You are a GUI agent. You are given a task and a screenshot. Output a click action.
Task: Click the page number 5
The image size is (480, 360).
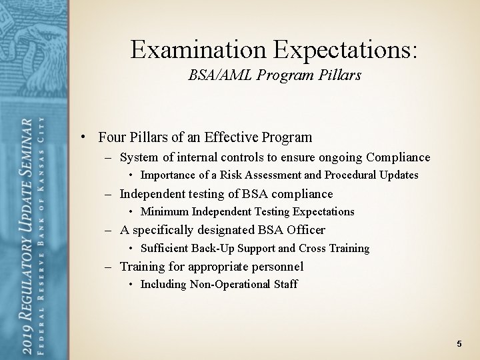tap(459, 343)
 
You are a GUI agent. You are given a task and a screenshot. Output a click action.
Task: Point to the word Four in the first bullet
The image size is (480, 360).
tap(111, 138)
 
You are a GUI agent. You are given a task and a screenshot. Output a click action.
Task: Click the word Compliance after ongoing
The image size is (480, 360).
tap(398, 158)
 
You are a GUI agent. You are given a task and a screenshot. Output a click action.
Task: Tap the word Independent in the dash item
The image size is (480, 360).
tap(153, 194)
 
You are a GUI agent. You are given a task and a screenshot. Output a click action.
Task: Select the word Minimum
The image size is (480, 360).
tap(165, 212)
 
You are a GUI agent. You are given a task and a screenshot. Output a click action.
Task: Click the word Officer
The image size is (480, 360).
tap(305, 230)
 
